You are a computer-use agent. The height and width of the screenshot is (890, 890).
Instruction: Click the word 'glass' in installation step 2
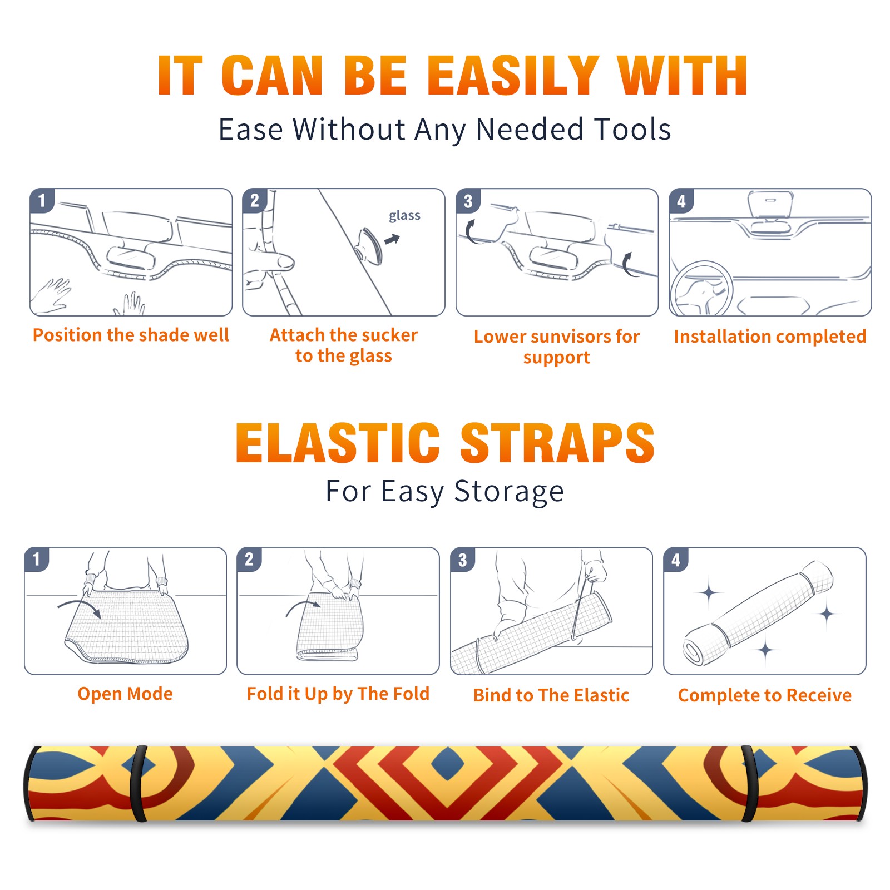(x=404, y=216)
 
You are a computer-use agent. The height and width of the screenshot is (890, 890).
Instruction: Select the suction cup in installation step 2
(x=369, y=245)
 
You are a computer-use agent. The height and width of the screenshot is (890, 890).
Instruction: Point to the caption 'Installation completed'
(x=770, y=336)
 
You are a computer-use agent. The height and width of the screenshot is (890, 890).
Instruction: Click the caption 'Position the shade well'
(x=131, y=335)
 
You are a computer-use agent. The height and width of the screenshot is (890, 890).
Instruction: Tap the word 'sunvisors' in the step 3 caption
(x=564, y=337)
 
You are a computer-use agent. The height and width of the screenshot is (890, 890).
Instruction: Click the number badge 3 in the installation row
(x=468, y=201)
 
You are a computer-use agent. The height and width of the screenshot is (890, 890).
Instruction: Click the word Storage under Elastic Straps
(x=509, y=492)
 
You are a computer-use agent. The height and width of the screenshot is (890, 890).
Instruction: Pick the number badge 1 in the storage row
(x=37, y=559)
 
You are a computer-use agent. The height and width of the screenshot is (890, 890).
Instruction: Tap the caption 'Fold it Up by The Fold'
(x=338, y=694)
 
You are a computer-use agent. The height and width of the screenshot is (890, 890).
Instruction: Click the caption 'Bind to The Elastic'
(x=551, y=695)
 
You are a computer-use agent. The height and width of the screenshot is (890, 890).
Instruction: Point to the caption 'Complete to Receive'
(x=765, y=695)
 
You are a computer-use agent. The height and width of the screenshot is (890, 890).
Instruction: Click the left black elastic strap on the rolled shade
(x=138, y=783)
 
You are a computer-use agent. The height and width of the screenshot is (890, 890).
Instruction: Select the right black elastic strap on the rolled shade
(x=749, y=783)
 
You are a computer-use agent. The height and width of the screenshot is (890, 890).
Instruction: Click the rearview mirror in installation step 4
(x=770, y=205)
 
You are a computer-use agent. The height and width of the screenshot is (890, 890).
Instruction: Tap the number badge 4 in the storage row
(x=676, y=560)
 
